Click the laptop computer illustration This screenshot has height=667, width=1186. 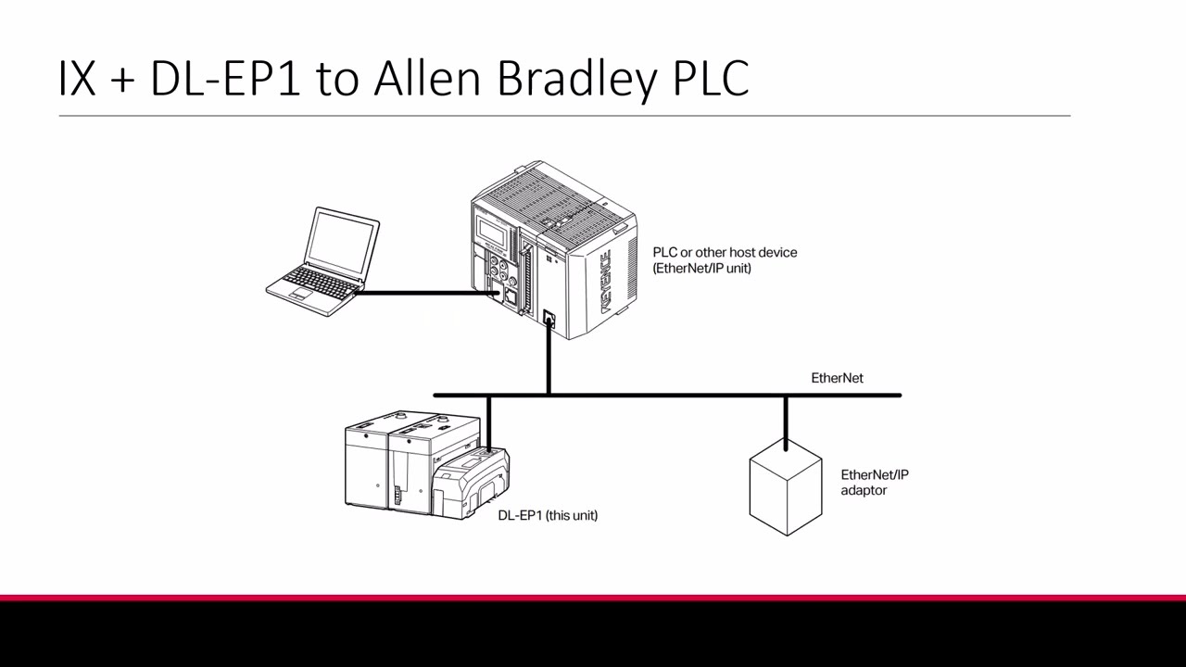(x=323, y=261)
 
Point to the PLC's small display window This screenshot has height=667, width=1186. (x=492, y=233)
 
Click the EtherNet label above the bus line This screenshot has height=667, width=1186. (x=837, y=378)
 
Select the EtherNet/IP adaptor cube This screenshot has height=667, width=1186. (x=785, y=492)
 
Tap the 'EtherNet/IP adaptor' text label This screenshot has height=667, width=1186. (x=874, y=482)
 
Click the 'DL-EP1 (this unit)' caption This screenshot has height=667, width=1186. (x=548, y=515)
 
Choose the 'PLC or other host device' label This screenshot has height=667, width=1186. (x=725, y=252)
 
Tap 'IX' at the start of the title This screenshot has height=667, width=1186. (x=77, y=79)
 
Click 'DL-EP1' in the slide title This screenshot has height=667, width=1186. (x=225, y=79)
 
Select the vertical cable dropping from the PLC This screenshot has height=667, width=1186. (x=549, y=361)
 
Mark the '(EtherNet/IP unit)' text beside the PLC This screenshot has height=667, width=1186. (x=701, y=268)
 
